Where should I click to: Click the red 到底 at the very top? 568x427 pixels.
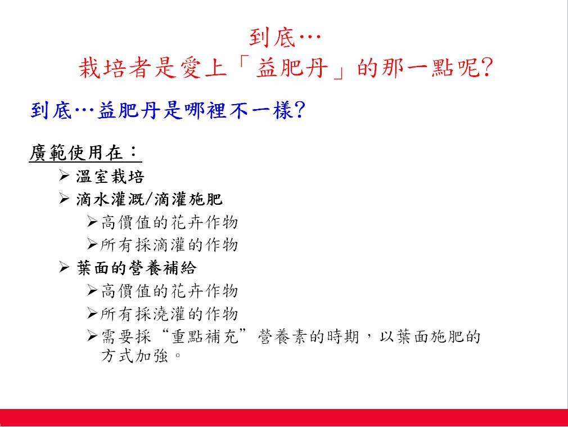pos(272,38)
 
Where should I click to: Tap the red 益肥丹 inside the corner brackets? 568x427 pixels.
pos(292,68)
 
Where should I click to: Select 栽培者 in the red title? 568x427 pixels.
pos(115,68)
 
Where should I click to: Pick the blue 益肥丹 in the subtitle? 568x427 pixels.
pos(129,110)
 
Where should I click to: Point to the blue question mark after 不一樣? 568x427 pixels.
pos(300,110)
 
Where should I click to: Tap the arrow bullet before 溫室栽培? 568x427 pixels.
pos(64,176)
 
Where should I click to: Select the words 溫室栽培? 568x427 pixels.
pos(110,177)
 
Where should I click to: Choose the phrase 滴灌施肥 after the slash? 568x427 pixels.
pos(188,199)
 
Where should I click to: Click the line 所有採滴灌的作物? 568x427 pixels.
pos(169,245)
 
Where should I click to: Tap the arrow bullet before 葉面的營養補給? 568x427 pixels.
pos(64,267)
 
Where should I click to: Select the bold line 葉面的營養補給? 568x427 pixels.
pos(137,268)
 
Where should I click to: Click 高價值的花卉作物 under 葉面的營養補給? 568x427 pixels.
pos(169,291)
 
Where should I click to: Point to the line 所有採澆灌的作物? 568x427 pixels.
pos(169,314)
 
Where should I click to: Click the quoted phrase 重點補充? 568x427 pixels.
pos(205,336)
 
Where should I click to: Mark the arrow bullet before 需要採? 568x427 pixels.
pos(92,336)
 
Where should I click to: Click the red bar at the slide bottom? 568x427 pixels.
pos(284,417)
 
